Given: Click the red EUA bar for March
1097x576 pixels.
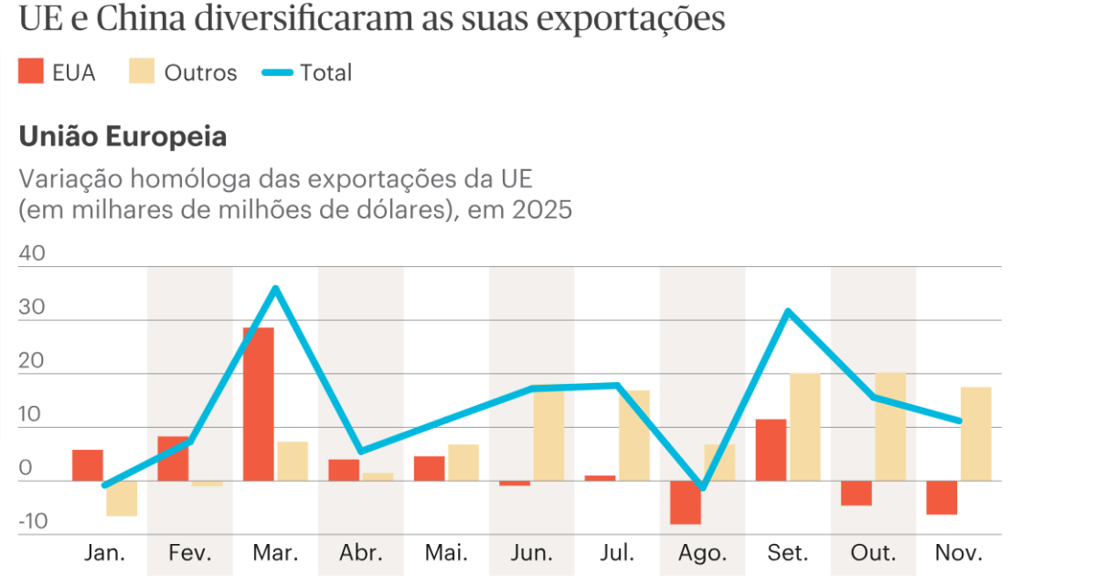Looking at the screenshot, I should tap(259, 403).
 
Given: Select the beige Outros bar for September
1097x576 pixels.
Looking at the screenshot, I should tap(805, 427).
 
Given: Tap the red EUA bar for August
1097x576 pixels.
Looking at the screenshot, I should tap(686, 502).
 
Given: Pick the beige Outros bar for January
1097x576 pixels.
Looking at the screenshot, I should tap(122, 498).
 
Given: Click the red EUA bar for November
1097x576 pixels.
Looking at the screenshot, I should tap(942, 497).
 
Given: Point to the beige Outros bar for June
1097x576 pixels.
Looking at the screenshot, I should tap(548, 435).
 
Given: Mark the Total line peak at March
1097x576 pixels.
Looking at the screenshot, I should tap(275, 289).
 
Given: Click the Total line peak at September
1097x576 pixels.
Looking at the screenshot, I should tap(788, 312).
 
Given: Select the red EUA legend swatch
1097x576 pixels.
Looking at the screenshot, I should tap(31, 72).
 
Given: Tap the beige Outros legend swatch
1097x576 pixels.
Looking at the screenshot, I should tap(141, 72).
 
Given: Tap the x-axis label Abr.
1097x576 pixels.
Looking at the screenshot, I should tap(360, 553).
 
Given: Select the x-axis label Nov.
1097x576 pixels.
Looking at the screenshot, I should tap(959, 553).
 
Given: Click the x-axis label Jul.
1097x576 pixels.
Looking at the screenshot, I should tap(617, 553).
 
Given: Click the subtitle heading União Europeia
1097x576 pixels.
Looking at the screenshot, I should tap(122, 137).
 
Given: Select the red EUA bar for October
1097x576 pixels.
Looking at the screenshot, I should tap(857, 493).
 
